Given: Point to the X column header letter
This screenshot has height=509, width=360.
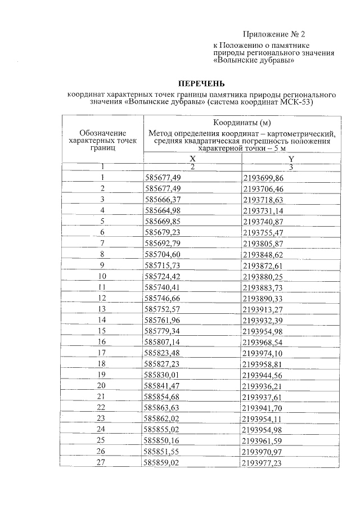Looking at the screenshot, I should (192, 159).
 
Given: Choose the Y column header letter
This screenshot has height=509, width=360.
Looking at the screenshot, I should (291, 159).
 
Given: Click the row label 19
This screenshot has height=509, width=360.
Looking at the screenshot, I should (102, 375).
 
